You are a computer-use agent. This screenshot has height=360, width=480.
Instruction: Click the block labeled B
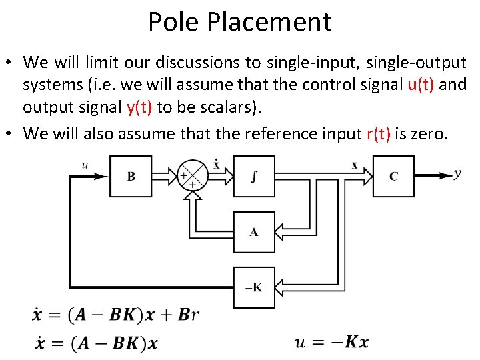tap(131, 176)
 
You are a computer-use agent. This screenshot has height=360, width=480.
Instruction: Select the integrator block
tap(253, 176)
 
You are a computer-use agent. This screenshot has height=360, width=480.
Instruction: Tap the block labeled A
tap(253, 232)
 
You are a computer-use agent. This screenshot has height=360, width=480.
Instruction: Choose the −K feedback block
tap(253, 287)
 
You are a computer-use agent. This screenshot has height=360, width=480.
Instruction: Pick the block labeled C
tap(393, 176)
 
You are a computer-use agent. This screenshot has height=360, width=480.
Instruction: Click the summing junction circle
tap(193, 175)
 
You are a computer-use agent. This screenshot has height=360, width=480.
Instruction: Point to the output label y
tap(457, 173)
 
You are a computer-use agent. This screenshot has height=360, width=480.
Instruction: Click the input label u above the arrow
tap(85, 164)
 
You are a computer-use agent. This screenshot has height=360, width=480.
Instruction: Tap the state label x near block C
tap(354, 165)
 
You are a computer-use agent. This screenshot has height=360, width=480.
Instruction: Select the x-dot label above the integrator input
tap(217, 163)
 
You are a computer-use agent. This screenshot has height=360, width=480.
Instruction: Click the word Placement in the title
tap(269, 21)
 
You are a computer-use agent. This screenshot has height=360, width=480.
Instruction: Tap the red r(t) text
tap(379, 133)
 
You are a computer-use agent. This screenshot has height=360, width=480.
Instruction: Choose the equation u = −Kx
tap(331, 342)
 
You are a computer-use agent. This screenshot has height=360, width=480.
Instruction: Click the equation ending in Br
tap(115, 315)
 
